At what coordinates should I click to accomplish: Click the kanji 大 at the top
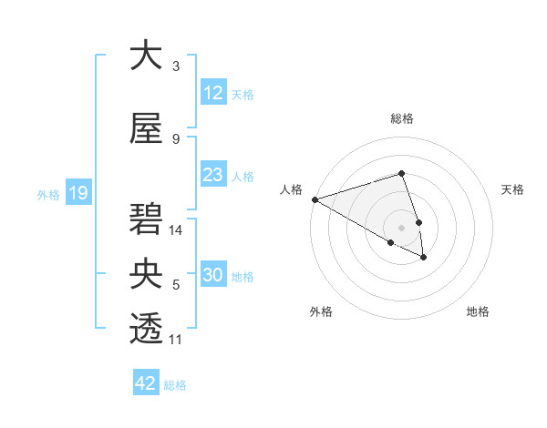click(146, 56)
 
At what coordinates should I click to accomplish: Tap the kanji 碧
click(146, 219)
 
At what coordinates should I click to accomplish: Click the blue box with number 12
click(212, 94)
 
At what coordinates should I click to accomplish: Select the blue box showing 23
click(212, 176)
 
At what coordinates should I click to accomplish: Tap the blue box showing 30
click(212, 276)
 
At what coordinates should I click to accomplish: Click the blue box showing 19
click(77, 193)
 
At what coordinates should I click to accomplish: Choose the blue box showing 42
click(146, 383)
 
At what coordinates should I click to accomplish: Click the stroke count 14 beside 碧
click(176, 230)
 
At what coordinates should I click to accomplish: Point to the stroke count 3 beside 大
click(176, 66)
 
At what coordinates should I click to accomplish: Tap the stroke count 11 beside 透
click(176, 340)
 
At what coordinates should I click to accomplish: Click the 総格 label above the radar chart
click(402, 118)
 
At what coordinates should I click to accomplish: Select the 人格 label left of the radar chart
click(292, 189)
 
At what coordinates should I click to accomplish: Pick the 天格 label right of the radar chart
click(512, 189)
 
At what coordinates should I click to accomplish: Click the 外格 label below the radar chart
click(321, 311)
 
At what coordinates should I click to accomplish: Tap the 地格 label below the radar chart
click(478, 311)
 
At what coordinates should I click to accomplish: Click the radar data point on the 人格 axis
click(315, 199)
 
